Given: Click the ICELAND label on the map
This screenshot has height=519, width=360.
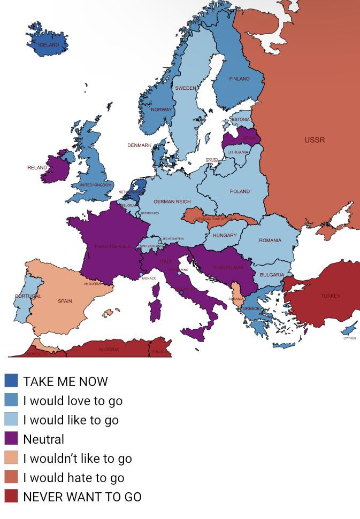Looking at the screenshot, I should point(48,45).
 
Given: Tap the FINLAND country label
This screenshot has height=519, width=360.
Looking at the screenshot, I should point(239,79).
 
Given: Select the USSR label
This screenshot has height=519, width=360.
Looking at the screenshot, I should point(315,140).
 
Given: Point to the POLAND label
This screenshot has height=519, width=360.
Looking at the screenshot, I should point(240,191).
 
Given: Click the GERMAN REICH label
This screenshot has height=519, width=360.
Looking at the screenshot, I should point(172,202).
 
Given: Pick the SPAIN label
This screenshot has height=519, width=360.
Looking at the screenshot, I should point(65,301).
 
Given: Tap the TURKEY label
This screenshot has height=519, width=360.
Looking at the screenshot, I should point(330,296).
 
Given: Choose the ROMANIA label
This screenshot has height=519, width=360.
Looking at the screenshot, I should point(270,241).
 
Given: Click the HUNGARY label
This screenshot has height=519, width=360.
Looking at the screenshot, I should point(225,236).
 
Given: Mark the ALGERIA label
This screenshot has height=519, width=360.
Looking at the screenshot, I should point(109,350).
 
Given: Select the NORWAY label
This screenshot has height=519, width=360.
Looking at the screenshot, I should point(161,110).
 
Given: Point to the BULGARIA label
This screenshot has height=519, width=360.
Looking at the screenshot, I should point(272,275).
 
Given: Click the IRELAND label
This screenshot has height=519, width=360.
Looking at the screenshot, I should point(37,168).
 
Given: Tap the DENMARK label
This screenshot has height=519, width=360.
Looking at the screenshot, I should point(139,145).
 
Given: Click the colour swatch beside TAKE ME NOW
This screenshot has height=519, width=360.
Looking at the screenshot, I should point(11,381).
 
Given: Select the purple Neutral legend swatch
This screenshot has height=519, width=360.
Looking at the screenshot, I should point(11,439).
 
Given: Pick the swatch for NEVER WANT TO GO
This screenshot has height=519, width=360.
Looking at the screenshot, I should point(11,497).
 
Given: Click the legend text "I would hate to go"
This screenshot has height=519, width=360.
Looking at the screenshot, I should point(73,478).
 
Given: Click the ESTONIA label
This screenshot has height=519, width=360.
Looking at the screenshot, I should point(240,119).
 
